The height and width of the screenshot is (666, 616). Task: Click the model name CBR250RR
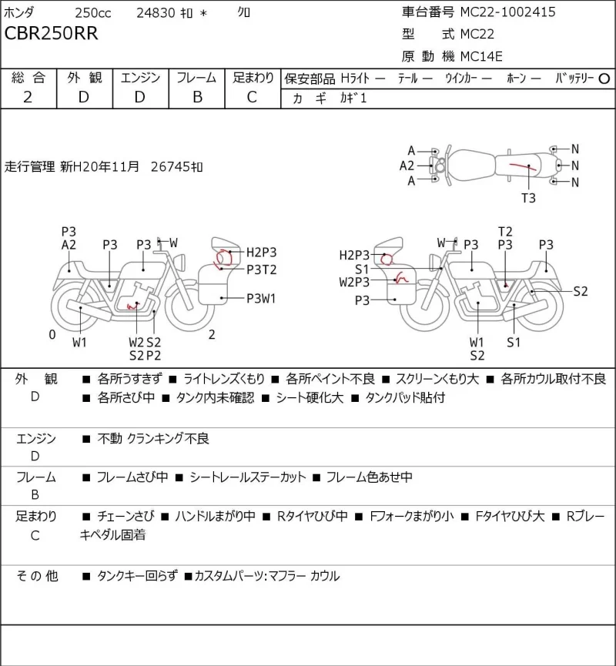tap(51, 33)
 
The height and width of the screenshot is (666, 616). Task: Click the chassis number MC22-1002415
tap(507, 12)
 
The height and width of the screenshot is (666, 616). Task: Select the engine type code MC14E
tap(481, 56)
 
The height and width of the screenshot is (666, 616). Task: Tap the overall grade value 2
tap(28, 97)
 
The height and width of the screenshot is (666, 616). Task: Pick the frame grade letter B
tap(198, 97)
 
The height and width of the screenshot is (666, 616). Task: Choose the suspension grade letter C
tap(252, 97)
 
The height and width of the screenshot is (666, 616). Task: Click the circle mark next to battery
tap(604, 79)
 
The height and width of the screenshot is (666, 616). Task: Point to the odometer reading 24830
tap(156, 13)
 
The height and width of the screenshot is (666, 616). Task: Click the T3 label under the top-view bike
tap(528, 198)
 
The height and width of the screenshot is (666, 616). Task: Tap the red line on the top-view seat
tap(523, 166)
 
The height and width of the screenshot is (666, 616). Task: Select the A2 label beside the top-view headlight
tap(407, 166)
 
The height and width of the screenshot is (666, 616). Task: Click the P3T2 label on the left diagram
tap(261, 269)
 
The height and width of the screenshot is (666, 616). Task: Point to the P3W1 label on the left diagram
tap(261, 299)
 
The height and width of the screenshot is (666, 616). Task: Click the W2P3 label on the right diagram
tap(354, 282)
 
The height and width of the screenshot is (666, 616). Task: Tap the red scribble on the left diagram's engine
tap(133, 305)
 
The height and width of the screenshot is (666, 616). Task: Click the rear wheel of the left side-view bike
tap(76, 306)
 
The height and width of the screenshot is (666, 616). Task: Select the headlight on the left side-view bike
tap(181, 261)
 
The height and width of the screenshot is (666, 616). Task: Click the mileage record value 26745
tap(170, 166)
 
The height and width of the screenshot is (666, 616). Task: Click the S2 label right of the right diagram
tap(581, 291)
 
